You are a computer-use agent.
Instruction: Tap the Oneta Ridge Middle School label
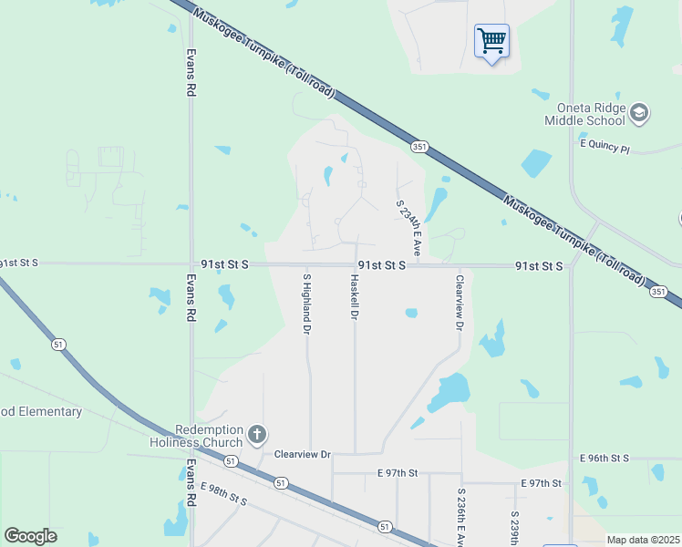(x=584, y=114)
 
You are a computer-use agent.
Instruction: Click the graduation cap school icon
(x=639, y=112)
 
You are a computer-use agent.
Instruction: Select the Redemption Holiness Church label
(x=197, y=436)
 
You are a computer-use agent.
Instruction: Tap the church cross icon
(x=258, y=433)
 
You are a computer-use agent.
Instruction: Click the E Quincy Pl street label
(x=604, y=147)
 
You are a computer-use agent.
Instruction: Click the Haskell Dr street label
(x=353, y=296)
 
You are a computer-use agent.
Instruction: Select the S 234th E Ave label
(x=407, y=228)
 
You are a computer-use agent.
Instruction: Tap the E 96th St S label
(x=604, y=457)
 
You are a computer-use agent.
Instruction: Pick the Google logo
(x=30, y=536)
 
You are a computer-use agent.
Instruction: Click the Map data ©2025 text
(x=643, y=540)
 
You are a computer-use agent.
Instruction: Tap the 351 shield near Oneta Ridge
(x=418, y=145)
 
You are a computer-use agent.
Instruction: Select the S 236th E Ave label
(x=460, y=516)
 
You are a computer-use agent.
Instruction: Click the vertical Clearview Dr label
(x=460, y=302)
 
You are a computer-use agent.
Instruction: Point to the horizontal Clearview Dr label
(x=302, y=453)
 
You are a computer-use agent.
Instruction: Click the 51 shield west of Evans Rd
(x=59, y=344)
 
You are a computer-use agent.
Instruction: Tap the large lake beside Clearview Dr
(x=447, y=393)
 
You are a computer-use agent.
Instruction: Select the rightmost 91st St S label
(x=538, y=265)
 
